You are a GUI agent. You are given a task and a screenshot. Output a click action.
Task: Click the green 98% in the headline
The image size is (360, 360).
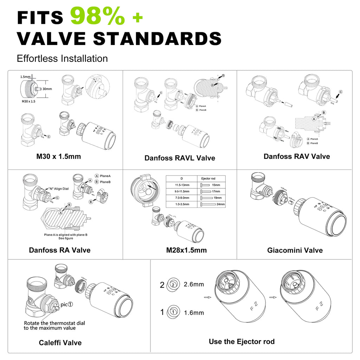(97, 17)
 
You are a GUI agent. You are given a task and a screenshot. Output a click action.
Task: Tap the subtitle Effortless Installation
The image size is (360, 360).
(62, 58)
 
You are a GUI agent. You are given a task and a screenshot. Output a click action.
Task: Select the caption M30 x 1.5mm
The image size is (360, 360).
(58, 156)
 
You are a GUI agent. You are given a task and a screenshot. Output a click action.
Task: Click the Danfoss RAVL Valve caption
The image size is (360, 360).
(180, 158)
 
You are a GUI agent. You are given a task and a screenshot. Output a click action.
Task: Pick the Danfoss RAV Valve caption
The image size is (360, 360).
(297, 156)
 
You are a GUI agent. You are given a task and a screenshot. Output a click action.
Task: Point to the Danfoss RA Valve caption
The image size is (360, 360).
(59, 250)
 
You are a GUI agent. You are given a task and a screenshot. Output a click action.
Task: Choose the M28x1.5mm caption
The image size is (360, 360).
(186, 251)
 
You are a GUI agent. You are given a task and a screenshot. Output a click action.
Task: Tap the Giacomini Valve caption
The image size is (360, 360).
(295, 250)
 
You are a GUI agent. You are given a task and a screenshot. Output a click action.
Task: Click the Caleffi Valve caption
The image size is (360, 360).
(60, 343)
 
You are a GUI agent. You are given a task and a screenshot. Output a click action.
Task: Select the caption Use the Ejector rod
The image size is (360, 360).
(242, 341)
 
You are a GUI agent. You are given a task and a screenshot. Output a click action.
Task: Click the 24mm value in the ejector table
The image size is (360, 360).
(221, 204)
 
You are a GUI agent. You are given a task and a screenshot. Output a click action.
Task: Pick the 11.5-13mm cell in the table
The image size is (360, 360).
(182, 185)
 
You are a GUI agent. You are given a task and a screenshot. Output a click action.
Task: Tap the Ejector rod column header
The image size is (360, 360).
(208, 179)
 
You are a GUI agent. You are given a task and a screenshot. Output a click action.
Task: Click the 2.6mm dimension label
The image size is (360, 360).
(194, 284)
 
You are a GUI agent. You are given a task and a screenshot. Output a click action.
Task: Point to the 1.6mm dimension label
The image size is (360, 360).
(194, 313)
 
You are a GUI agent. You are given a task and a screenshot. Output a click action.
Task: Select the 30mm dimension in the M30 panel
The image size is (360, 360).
(47, 89)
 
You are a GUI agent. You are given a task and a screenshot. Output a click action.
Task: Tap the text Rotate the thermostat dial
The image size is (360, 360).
(54, 323)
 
